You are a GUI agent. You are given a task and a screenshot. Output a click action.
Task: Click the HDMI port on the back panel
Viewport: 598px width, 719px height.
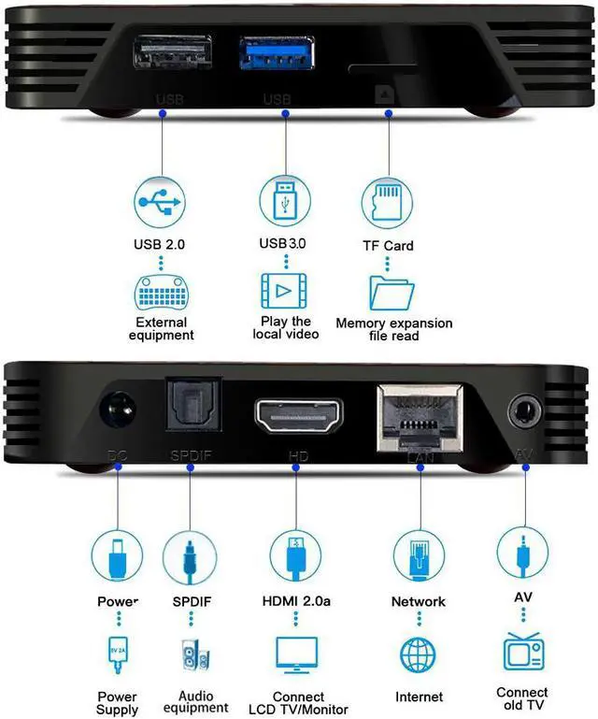coord(299,414)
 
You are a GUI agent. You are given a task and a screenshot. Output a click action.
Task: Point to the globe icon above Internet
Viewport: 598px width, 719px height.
coord(419,654)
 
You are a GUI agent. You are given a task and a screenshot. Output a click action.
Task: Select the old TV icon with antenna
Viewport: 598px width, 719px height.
coord(523,652)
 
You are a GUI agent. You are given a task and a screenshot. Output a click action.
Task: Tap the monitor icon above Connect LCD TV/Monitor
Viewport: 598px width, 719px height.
coord(296,654)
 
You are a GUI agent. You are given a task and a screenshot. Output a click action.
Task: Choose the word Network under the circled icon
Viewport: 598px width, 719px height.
coord(419,601)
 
